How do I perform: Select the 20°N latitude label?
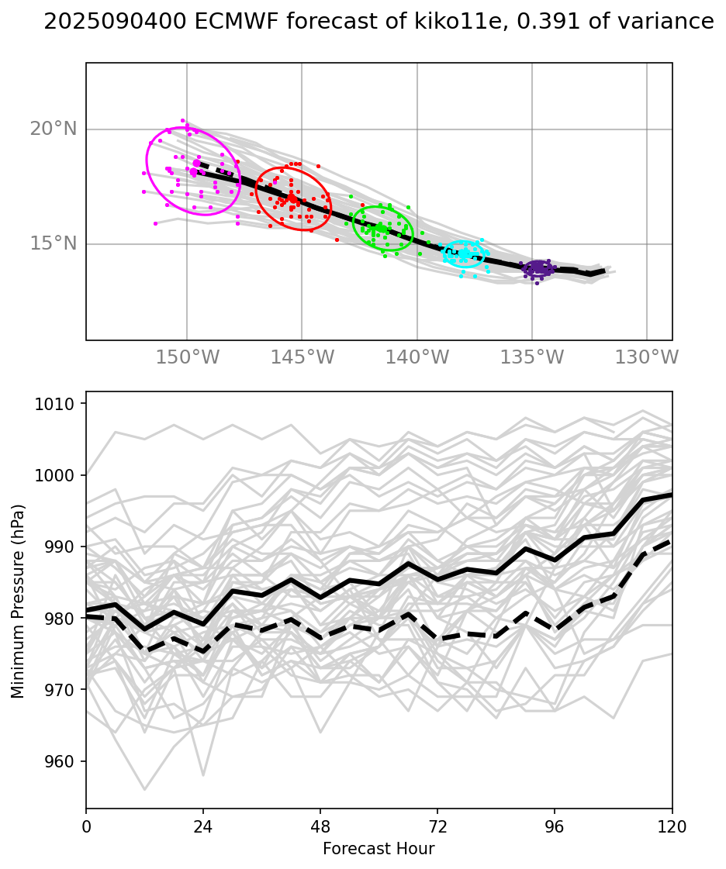54,129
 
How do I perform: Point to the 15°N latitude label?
54,243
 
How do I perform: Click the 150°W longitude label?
187,357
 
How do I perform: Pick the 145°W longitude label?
302,357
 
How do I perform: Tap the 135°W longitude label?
532,357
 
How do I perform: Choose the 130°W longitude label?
647,357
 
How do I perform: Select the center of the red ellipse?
293,198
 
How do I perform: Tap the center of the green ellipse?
382,228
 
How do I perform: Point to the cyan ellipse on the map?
465,253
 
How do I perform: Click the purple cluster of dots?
538,268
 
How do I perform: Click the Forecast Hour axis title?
379,849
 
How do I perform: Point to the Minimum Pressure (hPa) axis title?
18,601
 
